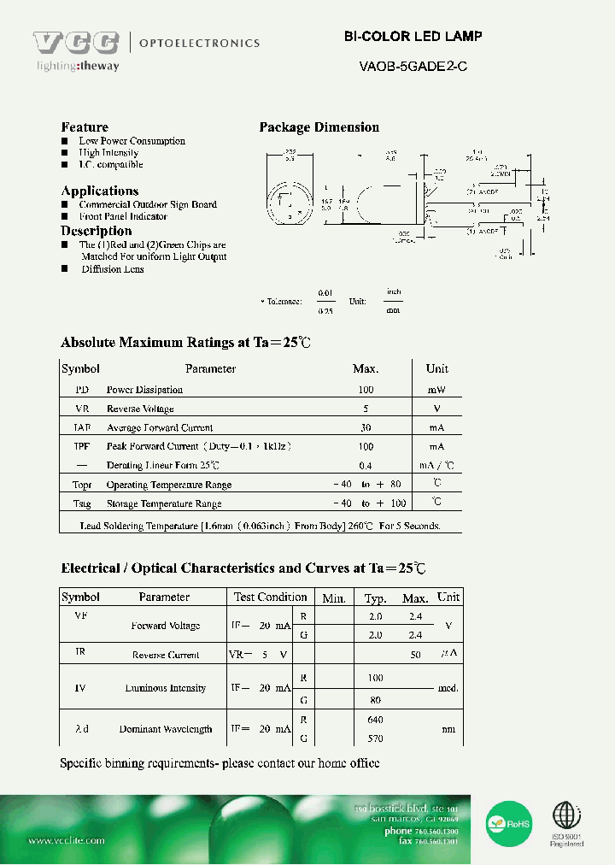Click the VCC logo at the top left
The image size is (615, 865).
coord(77,44)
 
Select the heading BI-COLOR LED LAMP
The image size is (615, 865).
coord(413,37)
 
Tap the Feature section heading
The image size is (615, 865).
coord(85,127)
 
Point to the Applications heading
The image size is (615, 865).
coord(99,191)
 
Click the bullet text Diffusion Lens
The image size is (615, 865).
coord(112,269)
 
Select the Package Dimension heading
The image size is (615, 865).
coord(319,127)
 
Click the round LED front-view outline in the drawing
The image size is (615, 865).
coord(290,206)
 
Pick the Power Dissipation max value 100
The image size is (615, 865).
coord(366,390)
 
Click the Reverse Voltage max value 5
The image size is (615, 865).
coord(366,409)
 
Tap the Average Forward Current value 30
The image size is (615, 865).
coord(366,427)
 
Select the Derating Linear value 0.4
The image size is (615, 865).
coord(366,466)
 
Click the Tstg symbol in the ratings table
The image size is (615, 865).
coord(81,504)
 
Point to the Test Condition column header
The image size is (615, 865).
coord(270,597)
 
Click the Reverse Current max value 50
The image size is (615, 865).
coord(415,655)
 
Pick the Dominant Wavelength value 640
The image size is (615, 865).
coord(375,720)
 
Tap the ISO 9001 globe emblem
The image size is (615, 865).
coord(565,816)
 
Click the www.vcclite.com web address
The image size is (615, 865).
coord(67,841)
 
